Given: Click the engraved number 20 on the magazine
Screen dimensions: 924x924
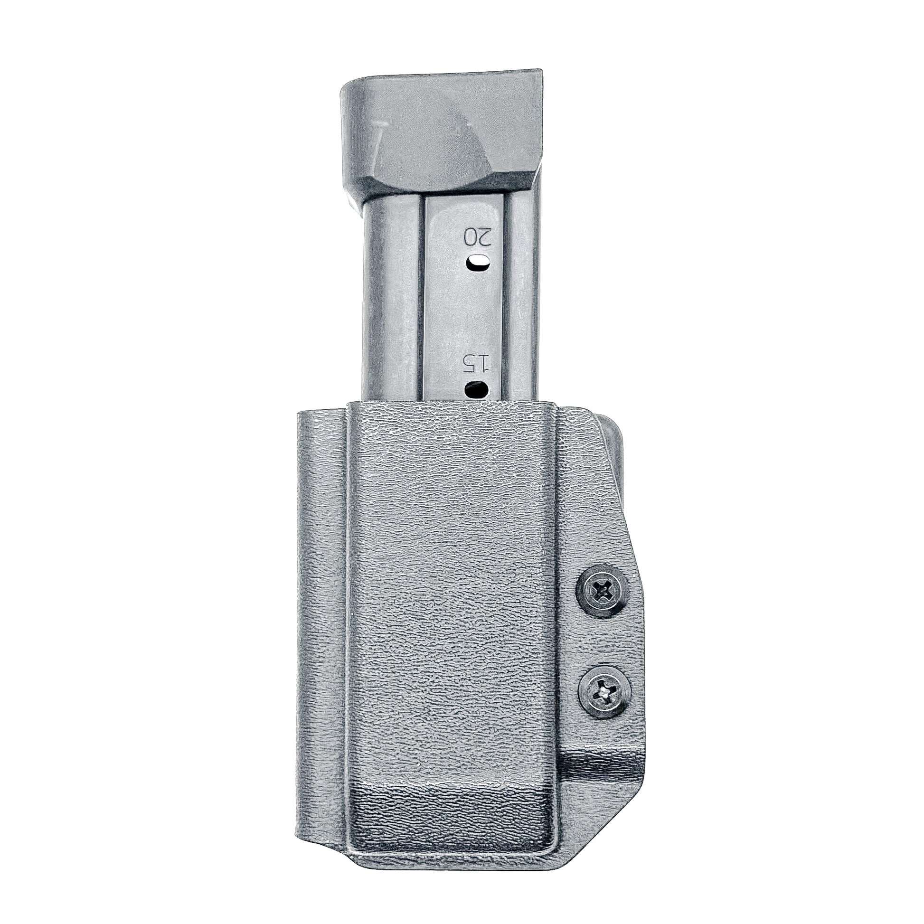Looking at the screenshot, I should (x=478, y=237).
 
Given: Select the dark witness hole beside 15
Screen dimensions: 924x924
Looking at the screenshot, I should (x=476, y=389).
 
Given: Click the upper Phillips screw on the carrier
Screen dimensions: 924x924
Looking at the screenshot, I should (x=600, y=594).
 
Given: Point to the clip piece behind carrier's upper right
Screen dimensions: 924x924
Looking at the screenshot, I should (x=614, y=435).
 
